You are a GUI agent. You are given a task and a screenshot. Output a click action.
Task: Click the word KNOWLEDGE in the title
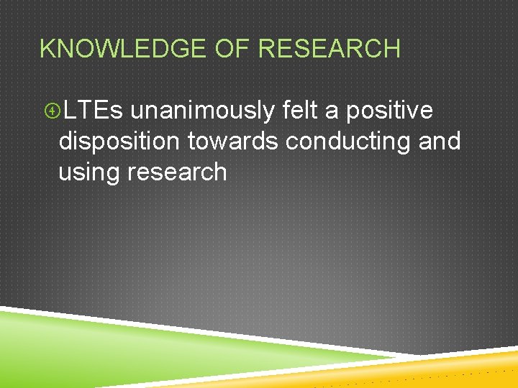(122, 49)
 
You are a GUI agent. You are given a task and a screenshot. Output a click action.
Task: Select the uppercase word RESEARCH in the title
(329, 49)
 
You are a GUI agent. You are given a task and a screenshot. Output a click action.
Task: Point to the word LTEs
(93, 111)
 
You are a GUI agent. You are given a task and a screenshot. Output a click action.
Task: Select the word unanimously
(202, 111)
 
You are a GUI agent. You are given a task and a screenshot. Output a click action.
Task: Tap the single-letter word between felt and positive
(336, 112)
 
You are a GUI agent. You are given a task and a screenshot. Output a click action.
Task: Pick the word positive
(389, 111)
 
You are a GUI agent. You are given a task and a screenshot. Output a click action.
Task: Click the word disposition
(119, 142)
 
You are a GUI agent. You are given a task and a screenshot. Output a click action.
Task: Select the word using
(91, 172)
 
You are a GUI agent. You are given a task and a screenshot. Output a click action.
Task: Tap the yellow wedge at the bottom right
(460, 366)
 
